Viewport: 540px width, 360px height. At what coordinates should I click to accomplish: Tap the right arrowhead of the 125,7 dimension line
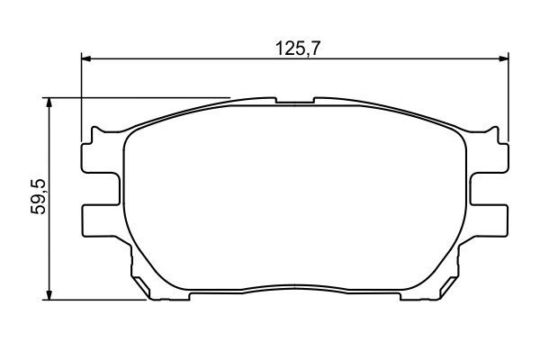(502, 59)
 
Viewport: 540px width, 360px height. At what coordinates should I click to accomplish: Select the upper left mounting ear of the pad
(99, 158)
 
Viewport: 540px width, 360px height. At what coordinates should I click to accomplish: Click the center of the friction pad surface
(295, 198)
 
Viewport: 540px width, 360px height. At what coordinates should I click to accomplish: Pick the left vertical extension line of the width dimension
(82, 99)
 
